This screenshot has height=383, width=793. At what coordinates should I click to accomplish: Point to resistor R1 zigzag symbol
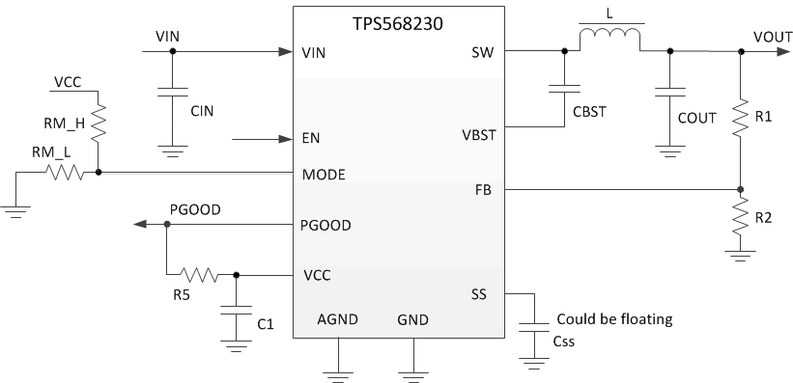(x=740, y=117)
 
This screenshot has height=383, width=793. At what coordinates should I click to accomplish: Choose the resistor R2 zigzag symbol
(x=740, y=218)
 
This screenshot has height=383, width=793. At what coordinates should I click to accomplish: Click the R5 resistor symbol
(x=199, y=275)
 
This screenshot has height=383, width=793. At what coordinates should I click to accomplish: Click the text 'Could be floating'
(x=613, y=318)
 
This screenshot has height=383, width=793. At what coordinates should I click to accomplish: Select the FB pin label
(x=483, y=191)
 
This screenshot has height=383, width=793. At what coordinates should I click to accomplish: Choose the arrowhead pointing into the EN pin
(x=287, y=139)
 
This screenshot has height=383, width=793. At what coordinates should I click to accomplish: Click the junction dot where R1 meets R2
(x=740, y=190)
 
